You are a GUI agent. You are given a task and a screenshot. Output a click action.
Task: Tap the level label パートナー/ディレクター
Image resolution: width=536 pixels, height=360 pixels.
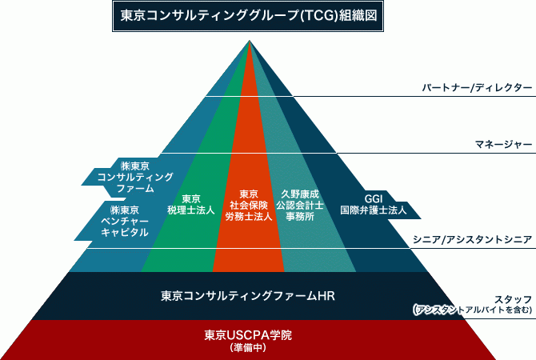[x=476, y=87]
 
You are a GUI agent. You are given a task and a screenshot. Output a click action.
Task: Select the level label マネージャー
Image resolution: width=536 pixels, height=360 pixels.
[x=503, y=144]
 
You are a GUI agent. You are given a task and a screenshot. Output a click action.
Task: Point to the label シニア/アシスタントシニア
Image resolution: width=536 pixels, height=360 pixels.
[x=472, y=238]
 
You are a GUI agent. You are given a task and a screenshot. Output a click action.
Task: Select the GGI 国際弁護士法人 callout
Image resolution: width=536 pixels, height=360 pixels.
[x=374, y=205]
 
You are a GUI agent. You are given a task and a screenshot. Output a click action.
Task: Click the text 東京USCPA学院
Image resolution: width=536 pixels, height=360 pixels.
[x=243, y=334]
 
